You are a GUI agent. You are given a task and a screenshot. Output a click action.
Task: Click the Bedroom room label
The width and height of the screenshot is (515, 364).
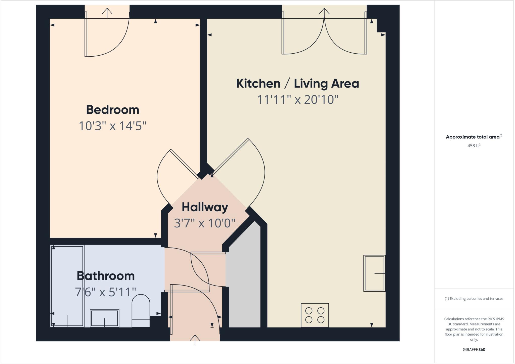(x=112, y=110)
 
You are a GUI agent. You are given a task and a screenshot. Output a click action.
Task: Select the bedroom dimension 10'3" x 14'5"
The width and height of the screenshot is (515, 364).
(x=112, y=126)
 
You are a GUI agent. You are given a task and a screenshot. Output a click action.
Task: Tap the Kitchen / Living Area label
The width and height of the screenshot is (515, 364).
(x=297, y=84)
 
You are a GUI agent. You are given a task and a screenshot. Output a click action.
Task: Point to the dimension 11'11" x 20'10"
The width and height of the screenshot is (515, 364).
(x=297, y=100)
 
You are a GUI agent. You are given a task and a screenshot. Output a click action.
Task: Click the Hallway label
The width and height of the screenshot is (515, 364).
(x=205, y=207)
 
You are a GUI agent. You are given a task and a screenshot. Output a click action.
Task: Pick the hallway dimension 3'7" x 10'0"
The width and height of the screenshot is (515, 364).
(x=205, y=223)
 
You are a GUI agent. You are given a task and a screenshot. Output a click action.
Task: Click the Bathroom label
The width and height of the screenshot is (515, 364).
(x=106, y=276)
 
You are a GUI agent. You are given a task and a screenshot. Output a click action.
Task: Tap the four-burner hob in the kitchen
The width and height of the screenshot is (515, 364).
(x=315, y=315)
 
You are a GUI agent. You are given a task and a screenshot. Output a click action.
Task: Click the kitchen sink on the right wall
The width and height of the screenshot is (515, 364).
(x=374, y=273)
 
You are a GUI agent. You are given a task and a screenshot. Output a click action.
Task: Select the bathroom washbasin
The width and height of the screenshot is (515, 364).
(x=105, y=318)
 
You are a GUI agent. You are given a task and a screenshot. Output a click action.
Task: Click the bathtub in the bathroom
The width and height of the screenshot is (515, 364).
(x=67, y=286)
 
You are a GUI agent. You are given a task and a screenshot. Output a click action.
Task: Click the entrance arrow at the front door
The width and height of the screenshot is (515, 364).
(x=195, y=340)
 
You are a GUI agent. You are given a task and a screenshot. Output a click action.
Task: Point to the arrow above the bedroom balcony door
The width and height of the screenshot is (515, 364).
(x=107, y=13)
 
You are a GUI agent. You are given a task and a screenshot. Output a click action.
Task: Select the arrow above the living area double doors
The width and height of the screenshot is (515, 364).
(x=324, y=13)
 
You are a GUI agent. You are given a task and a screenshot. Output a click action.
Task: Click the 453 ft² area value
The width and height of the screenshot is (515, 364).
(x=474, y=146)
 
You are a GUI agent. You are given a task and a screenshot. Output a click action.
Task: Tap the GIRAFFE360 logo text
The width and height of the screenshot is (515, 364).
(x=474, y=350)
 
